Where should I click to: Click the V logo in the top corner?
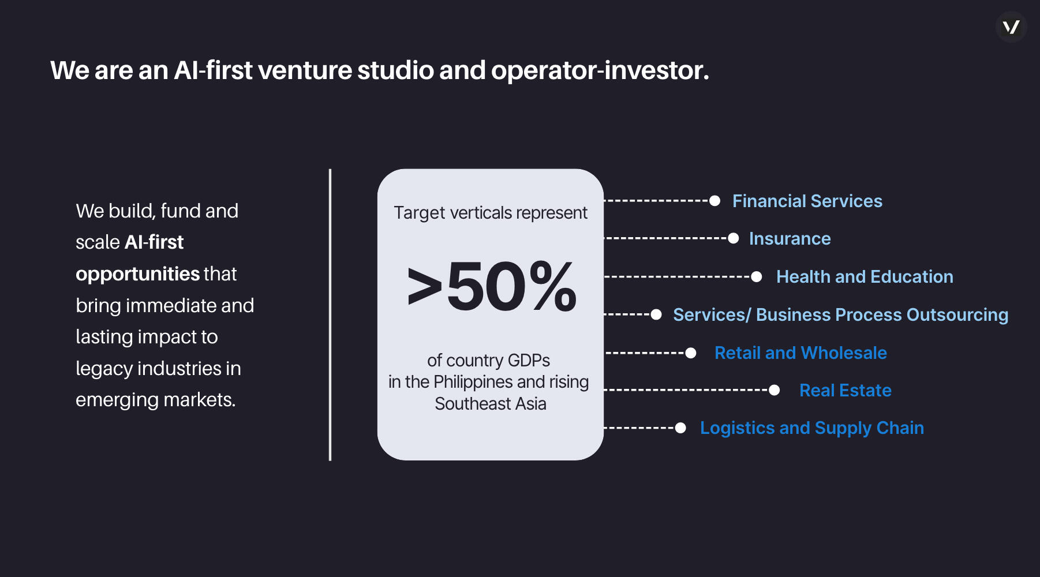(x=1011, y=27)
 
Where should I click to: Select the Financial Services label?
(x=807, y=201)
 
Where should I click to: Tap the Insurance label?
(x=790, y=238)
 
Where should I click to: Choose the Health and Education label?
(x=865, y=276)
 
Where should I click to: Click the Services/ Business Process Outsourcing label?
(x=840, y=314)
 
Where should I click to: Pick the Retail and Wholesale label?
(x=800, y=353)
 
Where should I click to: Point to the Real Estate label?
(x=846, y=390)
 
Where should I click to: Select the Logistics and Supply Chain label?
(x=812, y=428)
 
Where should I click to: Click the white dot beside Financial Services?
(x=714, y=201)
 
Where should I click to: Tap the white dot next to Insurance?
(x=734, y=238)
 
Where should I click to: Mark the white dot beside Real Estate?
(x=775, y=391)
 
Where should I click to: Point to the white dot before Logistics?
(x=680, y=428)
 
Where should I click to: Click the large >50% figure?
(x=492, y=286)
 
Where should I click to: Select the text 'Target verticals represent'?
(x=491, y=213)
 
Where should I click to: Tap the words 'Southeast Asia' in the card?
(x=491, y=404)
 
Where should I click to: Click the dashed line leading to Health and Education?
(x=678, y=277)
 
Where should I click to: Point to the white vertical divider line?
(x=330, y=315)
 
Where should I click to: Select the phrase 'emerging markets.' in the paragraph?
(x=156, y=400)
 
